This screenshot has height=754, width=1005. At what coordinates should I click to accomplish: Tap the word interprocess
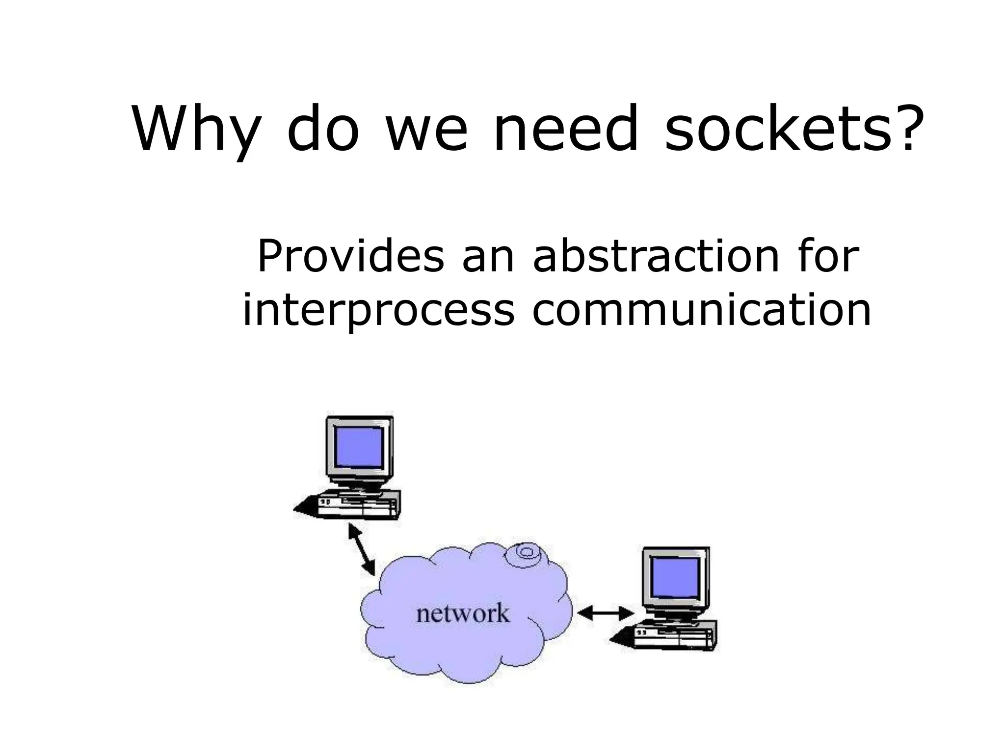(x=378, y=310)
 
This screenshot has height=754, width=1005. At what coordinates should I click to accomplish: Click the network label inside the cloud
(x=463, y=614)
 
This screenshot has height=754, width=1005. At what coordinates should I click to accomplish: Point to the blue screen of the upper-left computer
(x=359, y=447)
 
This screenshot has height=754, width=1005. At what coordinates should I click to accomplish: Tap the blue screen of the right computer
(x=676, y=577)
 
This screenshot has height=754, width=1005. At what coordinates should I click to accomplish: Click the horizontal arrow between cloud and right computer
(x=606, y=613)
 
